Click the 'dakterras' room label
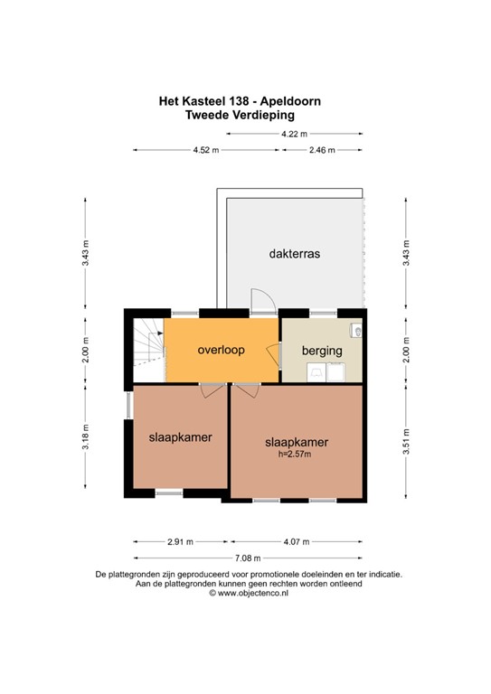pyautogui.click(x=294, y=254)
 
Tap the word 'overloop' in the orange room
pyautogui.click(x=222, y=350)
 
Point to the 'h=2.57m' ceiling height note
pyautogui.click(x=295, y=455)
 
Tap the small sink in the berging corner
pyautogui.click(x=359, y=332)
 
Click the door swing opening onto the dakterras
pyautogui.click(x=260, y=302)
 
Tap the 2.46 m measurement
pyautogui.click(x=322, y=150)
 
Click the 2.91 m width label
pyautogui.click(x=179, y=542)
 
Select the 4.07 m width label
pyautogui.click(x=296, y=542)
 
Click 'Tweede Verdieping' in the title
pyautogui.click(x=241, y=115)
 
